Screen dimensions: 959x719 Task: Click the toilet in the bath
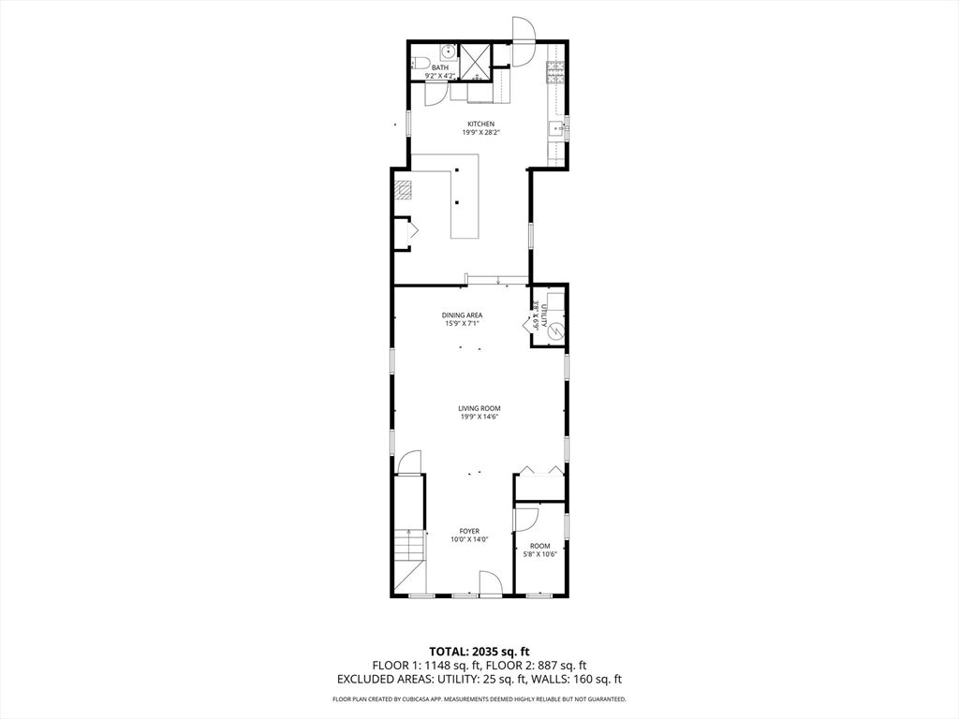(419, 63)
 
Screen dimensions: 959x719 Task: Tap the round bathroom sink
(449, 51)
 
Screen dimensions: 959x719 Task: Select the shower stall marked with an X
(475, 62)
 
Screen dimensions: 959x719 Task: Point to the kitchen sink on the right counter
(557, 129)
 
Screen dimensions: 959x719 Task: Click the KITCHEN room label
(480, 125)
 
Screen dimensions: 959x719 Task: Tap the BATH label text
(440, 67)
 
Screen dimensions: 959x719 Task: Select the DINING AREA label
(462, 315)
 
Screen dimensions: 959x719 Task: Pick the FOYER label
(470, 532)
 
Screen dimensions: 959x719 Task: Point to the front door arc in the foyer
(491, 582)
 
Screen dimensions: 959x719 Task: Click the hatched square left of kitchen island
(403, 191)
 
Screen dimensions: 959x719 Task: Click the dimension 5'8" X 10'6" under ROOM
(539, 554)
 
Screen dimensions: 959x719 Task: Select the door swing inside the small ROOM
(526, 517)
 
